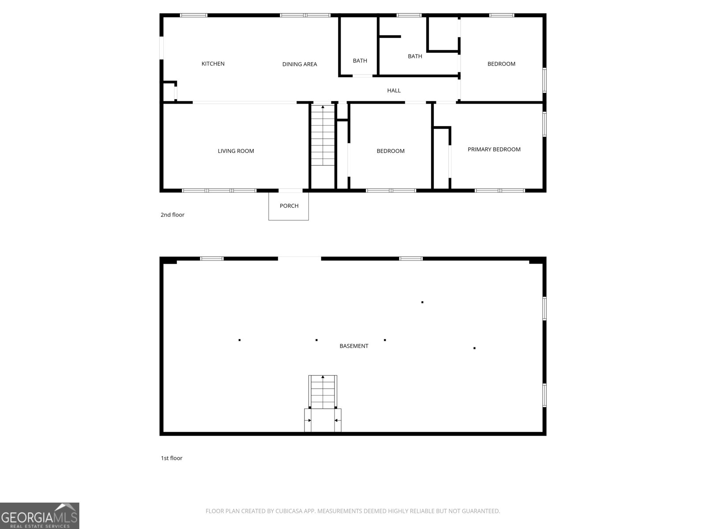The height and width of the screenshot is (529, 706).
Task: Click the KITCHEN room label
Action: click(213, 64)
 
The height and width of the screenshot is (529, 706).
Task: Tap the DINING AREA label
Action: click(300, 64)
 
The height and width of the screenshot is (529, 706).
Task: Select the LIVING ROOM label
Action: click(236, 151)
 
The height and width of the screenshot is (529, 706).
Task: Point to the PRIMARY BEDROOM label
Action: click(494, 149)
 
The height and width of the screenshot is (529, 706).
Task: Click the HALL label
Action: click(394, 90)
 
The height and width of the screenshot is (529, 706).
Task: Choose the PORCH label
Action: click(289, 206)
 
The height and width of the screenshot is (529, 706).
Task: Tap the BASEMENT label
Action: click(353, 346)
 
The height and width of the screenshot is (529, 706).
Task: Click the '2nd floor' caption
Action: click(172, 215)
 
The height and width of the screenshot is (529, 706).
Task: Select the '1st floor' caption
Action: click(171, 458)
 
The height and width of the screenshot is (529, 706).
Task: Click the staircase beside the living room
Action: click(323, 137)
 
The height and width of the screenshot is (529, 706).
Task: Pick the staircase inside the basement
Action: click(323, 392)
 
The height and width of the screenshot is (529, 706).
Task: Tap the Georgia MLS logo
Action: click(39, 516)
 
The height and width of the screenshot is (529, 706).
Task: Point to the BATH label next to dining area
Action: click(360, 61)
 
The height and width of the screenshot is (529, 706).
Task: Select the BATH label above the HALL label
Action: click(415, 56)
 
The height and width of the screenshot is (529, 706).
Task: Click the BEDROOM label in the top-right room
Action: click(501, 64)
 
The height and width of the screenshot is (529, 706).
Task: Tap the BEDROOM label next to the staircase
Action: click(390, 151)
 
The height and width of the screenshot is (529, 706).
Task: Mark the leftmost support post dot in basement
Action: click(239, 340)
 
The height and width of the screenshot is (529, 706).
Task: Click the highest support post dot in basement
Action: click(422, 302)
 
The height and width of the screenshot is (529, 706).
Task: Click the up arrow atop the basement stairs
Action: click(323, 377)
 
